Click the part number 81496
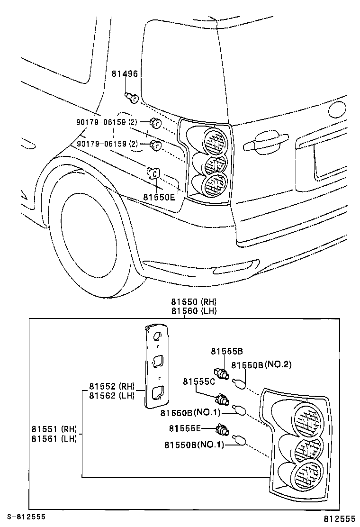125,74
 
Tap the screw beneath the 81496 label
132,98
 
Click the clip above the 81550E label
153,173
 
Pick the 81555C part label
199,381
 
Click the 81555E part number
185,428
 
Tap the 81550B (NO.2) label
261,365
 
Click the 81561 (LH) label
54,438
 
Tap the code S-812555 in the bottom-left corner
26,517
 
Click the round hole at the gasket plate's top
158,336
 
